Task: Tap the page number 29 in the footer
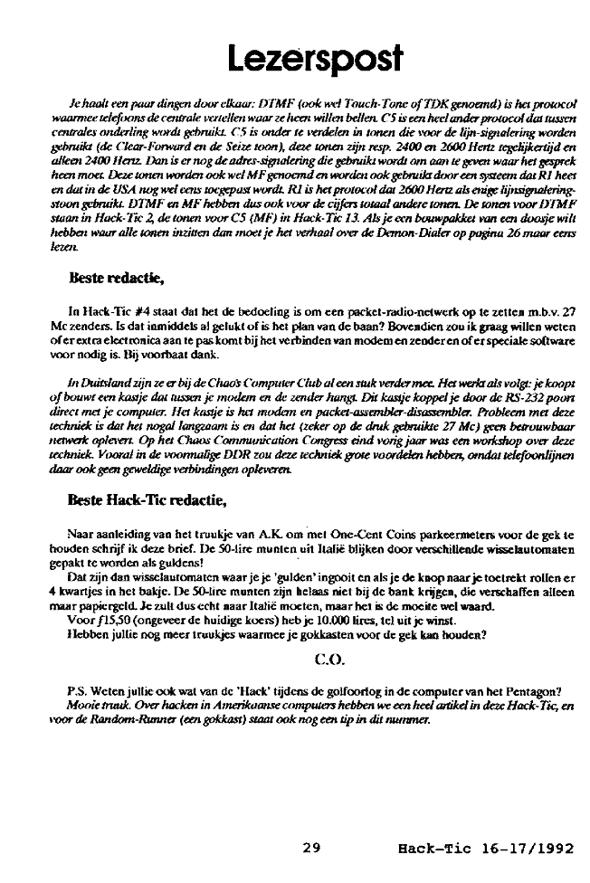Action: (x=311, y=849)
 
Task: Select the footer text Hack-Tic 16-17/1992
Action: (x=485, y=849)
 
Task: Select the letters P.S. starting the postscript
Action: (x=78, y=692)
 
